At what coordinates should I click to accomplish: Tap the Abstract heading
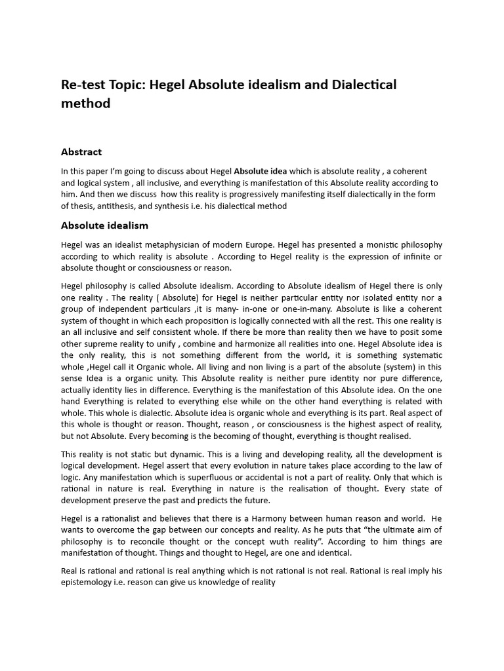(81, 152)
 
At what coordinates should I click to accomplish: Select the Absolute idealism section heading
(104, 226)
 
